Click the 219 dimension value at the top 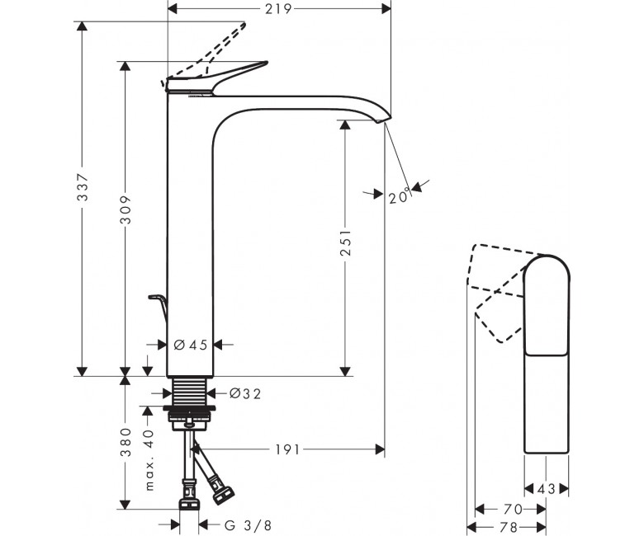coord(278,8)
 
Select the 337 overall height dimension coord(83,187)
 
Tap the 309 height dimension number coord(126,209)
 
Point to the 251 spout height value coord(345,242)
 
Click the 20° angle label coord(400,196)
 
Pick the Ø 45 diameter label coord(191,346)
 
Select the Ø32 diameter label coord(245,393)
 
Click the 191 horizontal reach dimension coord(287,450)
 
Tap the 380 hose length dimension coord(125,442)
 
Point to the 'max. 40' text coord(149,460)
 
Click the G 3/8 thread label coord(248,525)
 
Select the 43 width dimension coord(547,488)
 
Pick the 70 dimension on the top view coord(513,510)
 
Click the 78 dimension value coord(509,527)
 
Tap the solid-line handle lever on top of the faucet coord(218,77)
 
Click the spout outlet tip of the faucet coord(385,120)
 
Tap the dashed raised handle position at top coord(206,53)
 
